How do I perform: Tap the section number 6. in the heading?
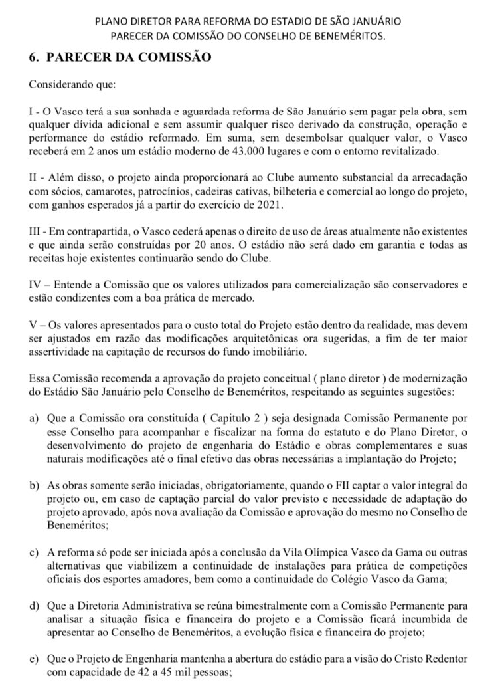point(33,58)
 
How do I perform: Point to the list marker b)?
point(35,490)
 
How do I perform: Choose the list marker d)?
point(35,606)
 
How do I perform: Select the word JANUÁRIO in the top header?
point(369,21)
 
